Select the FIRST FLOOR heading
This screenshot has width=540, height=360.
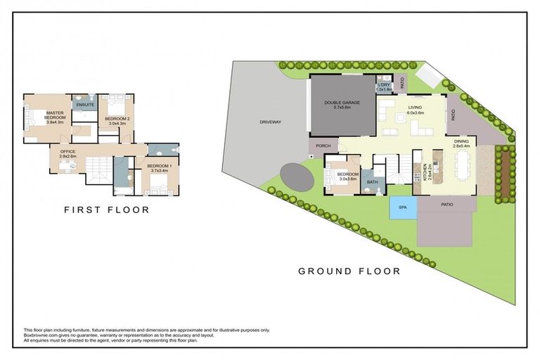tap(107, 210)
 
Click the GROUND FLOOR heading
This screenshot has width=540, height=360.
tap(349, 271)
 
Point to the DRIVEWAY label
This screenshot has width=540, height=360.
tap(270, 122)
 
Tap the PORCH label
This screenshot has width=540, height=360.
tap(323, 146)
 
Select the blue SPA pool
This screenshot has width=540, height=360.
tap(403, 208)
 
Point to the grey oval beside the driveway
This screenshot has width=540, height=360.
tap(296, 176)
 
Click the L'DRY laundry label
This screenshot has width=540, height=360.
tap(383, 86)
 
